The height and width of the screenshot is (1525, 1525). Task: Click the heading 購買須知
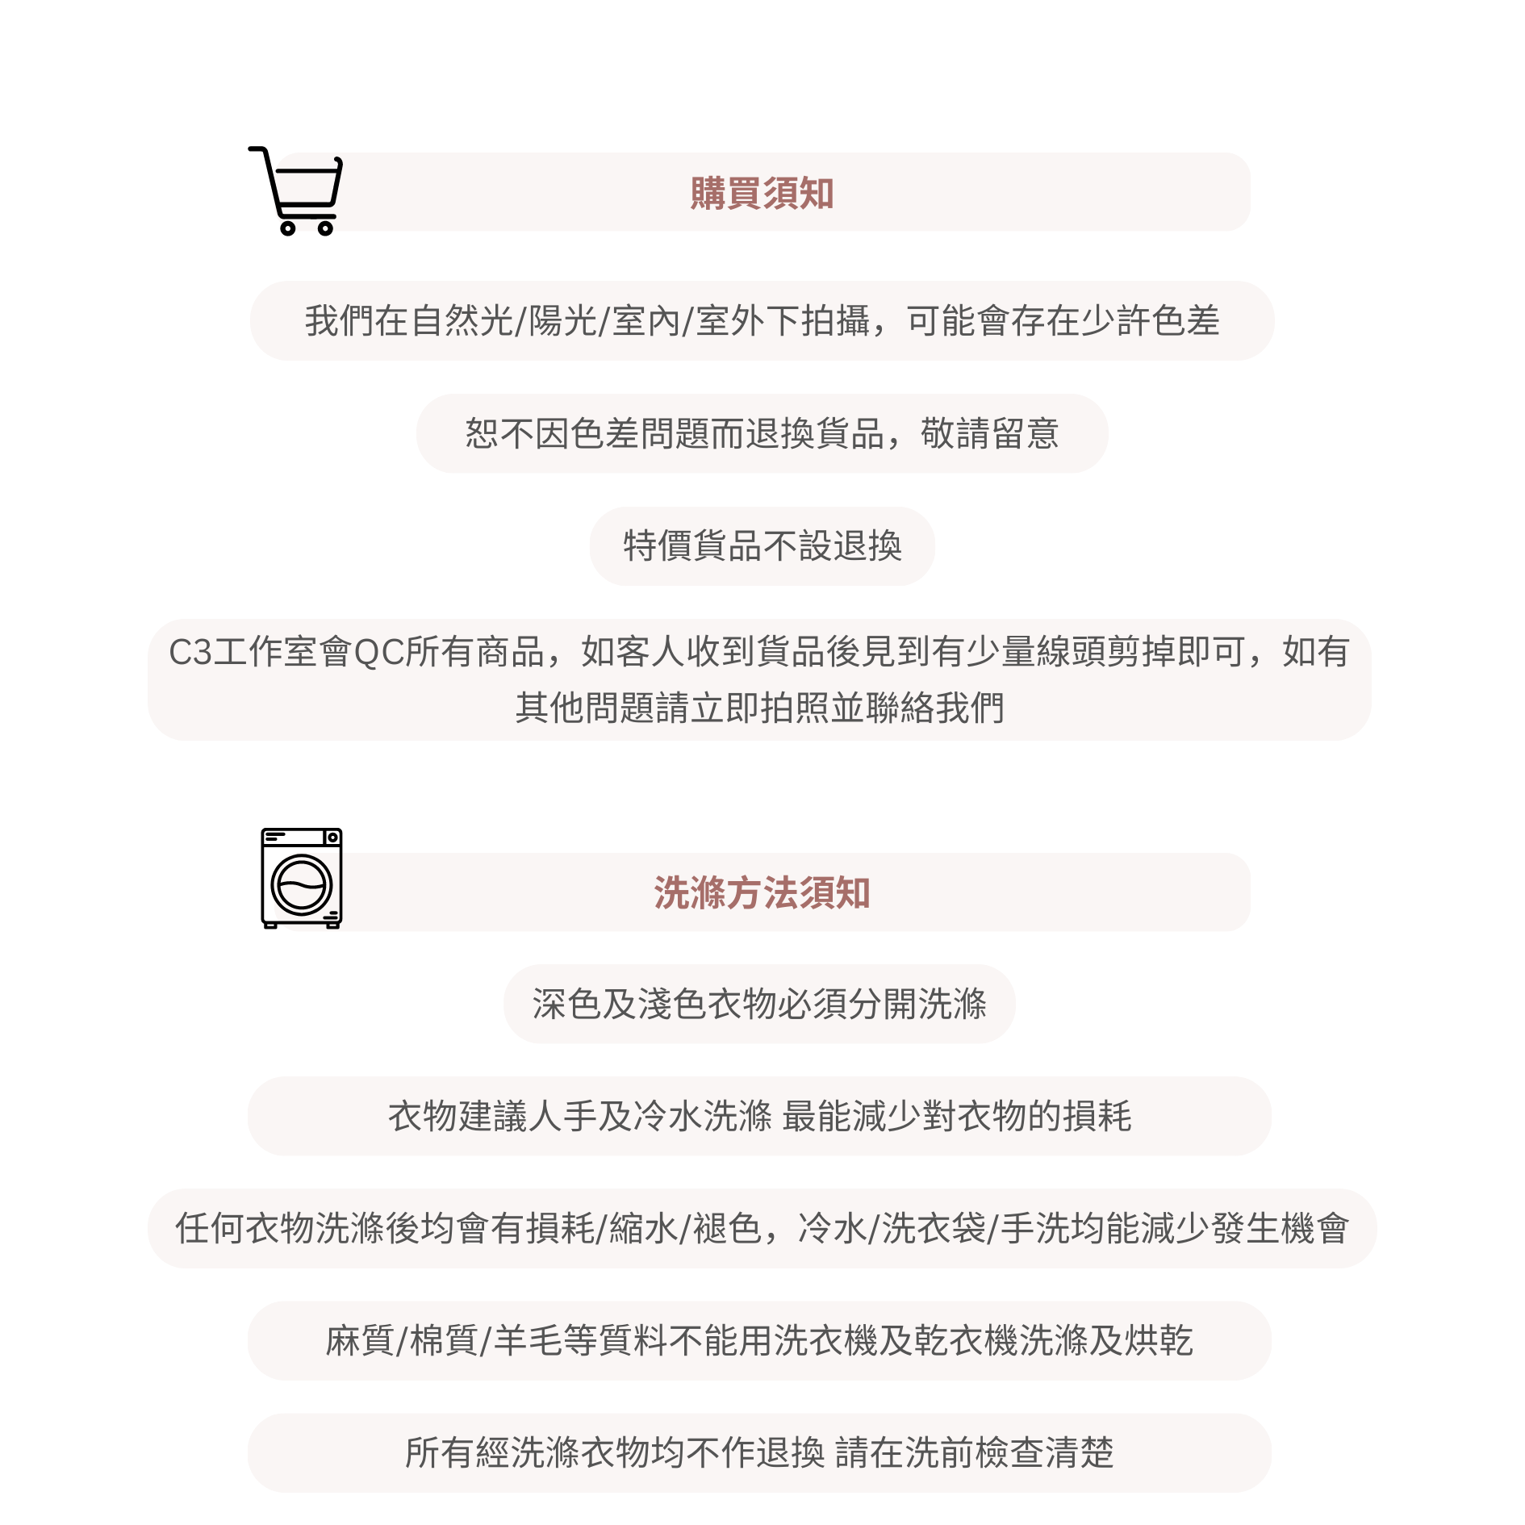coord(762,194)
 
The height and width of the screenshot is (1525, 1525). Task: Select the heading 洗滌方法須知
coord(762,893)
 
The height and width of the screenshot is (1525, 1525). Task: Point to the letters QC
coord(378,652)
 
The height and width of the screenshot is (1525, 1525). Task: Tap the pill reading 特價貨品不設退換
coord(762,546)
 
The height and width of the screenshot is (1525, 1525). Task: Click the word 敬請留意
coord(989,434)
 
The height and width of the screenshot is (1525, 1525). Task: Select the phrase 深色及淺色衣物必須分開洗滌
coord(759,1005)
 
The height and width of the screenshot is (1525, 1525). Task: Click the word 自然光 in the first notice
coord(462,321)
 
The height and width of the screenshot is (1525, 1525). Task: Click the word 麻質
coord(360,1341)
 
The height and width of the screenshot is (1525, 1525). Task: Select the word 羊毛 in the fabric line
coord(529,1341)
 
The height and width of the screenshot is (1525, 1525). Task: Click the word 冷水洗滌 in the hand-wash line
coord(703,1117)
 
